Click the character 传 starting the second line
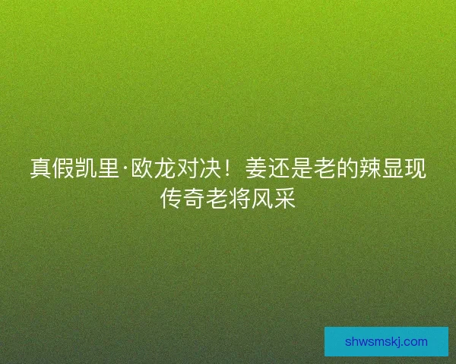point(171,199)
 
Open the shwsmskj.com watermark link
point(386,342)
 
